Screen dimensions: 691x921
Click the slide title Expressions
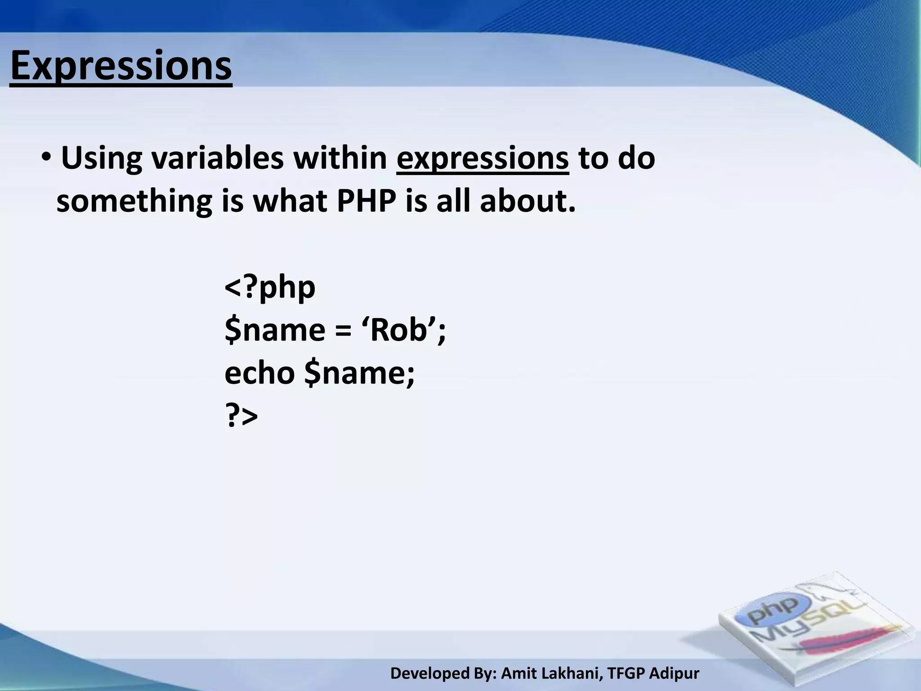[121, 66]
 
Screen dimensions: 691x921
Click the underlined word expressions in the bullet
[483, 158]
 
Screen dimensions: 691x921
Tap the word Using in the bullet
[101, 158]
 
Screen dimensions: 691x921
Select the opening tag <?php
[270, 288]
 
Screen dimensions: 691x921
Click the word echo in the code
[259, 373]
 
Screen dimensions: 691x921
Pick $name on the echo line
[359, 373]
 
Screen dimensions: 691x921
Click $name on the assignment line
[275, 330]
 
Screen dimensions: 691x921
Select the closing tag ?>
[241, 416]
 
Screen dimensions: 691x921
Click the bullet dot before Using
[47, 158]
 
